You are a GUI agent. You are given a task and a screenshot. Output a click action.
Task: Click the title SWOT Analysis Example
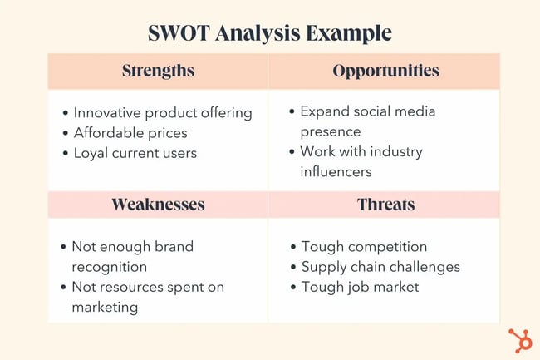[270, 32]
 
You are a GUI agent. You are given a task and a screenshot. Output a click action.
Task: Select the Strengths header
[158, 71]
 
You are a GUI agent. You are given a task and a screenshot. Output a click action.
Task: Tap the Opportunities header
[385, 71]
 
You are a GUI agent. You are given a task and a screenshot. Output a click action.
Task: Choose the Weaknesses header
[158, 204]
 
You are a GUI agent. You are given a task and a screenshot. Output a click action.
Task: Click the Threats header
[385, 204]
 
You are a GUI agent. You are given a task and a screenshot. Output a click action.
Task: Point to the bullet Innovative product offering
[162, 112]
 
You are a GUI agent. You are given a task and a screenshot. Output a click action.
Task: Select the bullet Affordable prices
[130, 132]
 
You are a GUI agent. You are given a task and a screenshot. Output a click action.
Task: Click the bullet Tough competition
[364, 247]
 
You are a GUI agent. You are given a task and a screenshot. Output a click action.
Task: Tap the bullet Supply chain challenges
[380, 267]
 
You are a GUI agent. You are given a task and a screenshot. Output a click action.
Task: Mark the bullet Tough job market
[360, 287]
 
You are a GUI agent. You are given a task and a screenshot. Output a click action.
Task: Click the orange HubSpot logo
[520, 340]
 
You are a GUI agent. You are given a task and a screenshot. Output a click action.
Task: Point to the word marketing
[106, 307]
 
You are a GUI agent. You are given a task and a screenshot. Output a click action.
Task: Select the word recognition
[109, 267]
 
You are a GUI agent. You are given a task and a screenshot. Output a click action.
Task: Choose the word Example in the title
[350, 32]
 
